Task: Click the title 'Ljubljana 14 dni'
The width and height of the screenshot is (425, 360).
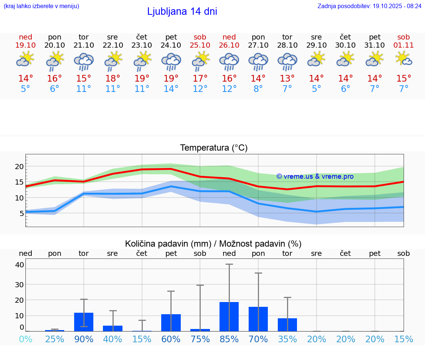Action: tap(182, 11)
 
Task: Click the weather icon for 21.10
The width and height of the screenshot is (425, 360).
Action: tap(84, 61)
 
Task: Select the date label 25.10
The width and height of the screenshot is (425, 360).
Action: tap(200, 45)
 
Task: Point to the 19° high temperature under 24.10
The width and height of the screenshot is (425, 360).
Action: tap(171, 78)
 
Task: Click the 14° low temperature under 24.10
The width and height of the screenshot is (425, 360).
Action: tap(171, 89)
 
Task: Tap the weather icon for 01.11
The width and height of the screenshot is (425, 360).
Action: tap(404, 59)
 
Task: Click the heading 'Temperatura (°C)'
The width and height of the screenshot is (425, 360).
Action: tap(214, 148)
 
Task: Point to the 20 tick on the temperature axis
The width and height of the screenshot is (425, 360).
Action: tap(19, 167)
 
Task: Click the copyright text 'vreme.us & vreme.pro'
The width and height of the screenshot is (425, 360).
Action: tap(315, 176)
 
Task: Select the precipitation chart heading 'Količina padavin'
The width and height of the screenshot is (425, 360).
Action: tap(213, 244)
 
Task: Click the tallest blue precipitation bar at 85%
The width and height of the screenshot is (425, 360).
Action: tap(229, 316)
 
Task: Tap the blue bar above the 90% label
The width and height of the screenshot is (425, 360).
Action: tap(84, 322)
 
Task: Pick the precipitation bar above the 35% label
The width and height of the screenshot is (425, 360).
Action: tap(287, 325)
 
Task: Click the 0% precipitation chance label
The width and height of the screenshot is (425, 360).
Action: tap(25, 339)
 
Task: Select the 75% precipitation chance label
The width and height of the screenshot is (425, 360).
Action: tap(200, 339)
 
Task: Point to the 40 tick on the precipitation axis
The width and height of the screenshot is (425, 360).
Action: tap(20, 265)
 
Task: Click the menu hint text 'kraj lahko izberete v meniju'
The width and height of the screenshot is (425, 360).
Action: tap(41, 6)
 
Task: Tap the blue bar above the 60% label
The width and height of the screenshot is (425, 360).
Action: tap(171, 322)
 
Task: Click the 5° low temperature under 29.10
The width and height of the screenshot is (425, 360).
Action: tap(316, 89)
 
